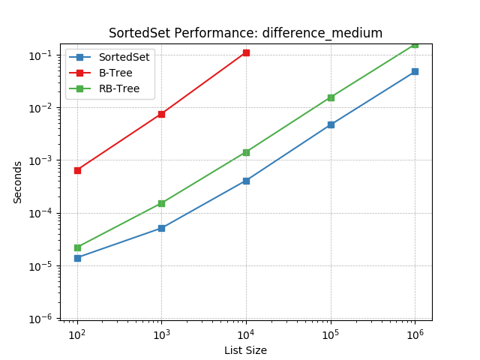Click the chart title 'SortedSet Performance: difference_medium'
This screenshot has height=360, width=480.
coord(245,33)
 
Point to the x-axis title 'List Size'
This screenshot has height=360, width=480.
coord(245,350)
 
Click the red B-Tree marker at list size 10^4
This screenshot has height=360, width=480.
coord(246,52)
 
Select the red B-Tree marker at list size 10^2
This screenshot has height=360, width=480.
coord(77,170)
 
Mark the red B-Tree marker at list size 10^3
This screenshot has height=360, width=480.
coord(161,114)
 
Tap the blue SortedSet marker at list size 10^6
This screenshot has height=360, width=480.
coord(415,72)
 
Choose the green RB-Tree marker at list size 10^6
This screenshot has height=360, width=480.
coord(415,44)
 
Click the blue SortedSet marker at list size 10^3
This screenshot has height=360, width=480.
coord(161,228)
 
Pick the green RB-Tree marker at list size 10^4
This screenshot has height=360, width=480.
coord(246,152)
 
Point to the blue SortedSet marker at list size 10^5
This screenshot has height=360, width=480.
coord(331,124)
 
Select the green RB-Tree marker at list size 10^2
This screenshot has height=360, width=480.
coord(77,247)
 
